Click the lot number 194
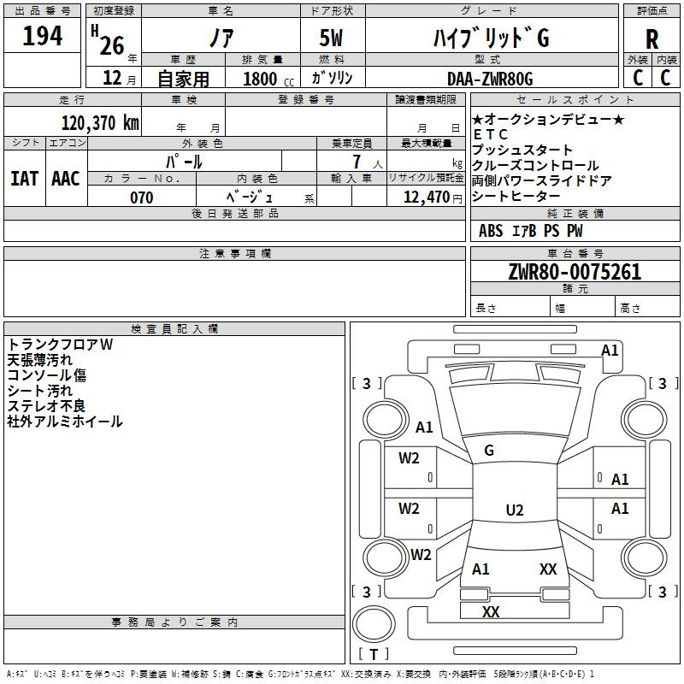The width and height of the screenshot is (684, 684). (x=42, y=37)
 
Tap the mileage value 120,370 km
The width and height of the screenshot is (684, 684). (x=100, y=122)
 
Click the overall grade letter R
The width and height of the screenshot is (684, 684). (x=652, y=39)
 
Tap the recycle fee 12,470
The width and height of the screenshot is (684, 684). (x=425, y=198)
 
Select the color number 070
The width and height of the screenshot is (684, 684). (x=141, y=198)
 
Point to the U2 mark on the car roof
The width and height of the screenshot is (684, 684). (x=514, y=510)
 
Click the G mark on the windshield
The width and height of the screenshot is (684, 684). (x=489, y=450)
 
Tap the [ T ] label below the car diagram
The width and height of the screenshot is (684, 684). (x=374, y=654)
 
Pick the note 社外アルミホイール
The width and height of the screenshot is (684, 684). (x=65, y=421)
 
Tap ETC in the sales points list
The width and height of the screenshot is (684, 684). (x=490, y=134)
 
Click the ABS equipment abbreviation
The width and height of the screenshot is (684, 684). (x=491, y=231)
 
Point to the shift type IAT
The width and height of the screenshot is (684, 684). (x=24, y=178)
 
